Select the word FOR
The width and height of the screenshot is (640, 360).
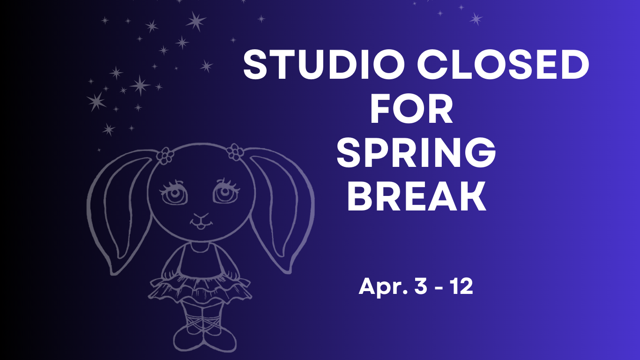coord(412,110)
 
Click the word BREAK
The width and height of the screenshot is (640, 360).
coord(417,197)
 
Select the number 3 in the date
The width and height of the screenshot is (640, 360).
coord(420,286)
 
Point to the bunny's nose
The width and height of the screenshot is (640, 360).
coord(201,217)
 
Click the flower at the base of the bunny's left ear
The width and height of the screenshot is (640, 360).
coord(165,155)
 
